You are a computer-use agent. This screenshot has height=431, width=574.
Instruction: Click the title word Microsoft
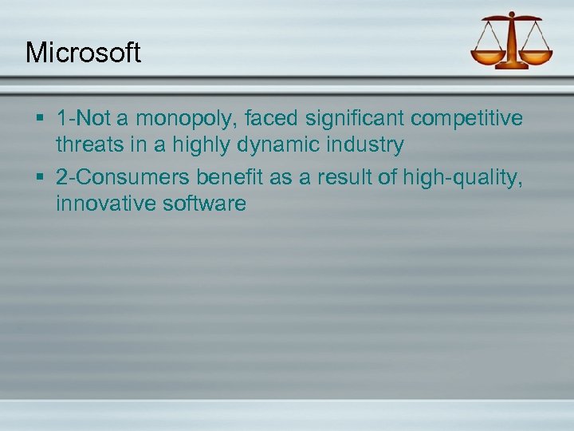point(83,53)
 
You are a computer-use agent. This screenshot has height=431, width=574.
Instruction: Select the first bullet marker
point(40,120)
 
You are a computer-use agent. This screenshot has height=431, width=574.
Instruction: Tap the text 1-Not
point(82,119)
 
